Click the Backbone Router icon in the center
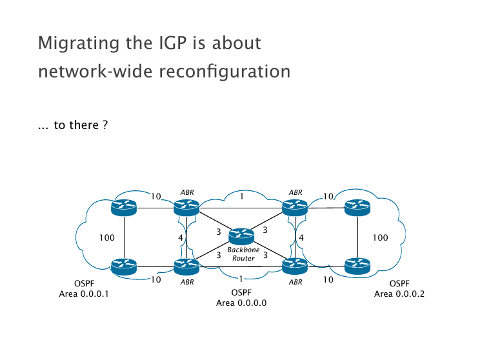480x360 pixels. tap(241, 236)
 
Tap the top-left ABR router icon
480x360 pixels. tap(186, 207)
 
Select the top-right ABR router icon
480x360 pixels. tap(295, 207)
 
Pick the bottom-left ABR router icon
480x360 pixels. tap(186, 265)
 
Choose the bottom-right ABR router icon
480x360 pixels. tap(295, 265)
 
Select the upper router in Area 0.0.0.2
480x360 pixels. tap(357, 207)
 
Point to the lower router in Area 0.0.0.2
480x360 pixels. tap(357, 265)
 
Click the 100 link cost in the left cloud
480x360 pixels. tap(106, 237)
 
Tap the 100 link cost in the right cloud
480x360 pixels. tap(381, 237)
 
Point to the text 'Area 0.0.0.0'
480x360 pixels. tap(241, 303)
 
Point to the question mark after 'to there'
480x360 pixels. tap(105, 125)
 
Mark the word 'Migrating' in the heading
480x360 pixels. tap(74, 44)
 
